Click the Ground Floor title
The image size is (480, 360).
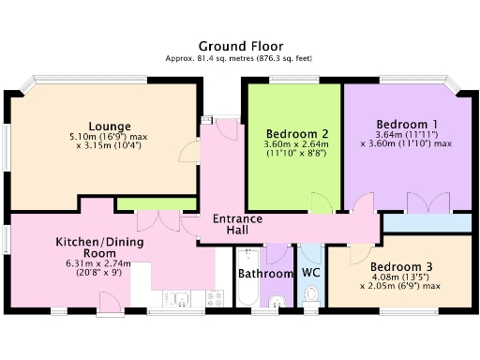240,45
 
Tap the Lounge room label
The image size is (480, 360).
110,126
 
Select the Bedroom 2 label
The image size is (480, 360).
296,132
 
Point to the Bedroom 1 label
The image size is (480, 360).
406,124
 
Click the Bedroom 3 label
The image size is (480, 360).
401,264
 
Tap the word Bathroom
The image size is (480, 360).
265,274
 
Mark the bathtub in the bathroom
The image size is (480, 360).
247,278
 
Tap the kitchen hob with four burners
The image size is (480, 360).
215,299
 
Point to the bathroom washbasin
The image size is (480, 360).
277,301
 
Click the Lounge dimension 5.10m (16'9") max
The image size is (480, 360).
110,137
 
